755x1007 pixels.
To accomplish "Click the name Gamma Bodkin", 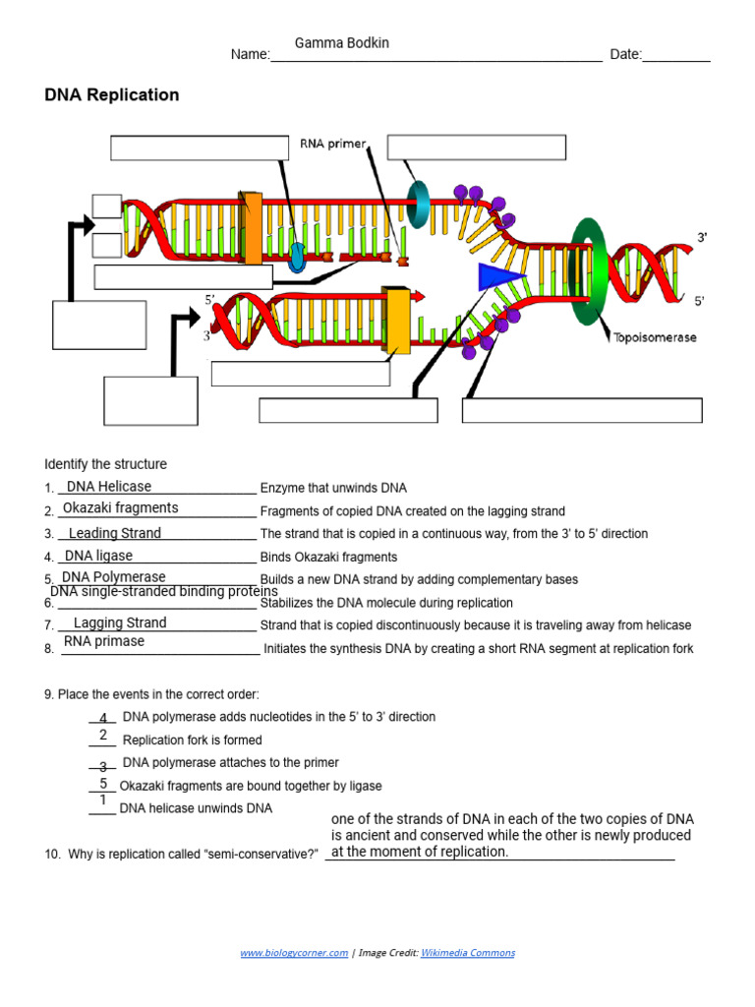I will pos(335,43).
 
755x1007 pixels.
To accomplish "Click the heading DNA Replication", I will pos(112,95).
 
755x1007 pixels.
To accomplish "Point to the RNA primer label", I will pos(332,145).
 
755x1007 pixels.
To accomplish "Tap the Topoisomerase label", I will pos(655,337).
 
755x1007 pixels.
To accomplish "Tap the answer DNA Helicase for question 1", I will pos(109,487).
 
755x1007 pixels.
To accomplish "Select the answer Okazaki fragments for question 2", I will pos(121,508).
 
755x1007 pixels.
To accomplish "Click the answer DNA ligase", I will pos(98,556).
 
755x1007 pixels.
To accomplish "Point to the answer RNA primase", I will pos(104,641).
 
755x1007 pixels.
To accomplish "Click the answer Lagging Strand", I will pos(120,622).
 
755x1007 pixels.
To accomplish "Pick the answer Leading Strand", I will pos(115,533).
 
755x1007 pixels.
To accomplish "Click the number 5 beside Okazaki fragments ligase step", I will pos(103,784).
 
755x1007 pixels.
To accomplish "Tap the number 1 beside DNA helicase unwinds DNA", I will pos(102,800).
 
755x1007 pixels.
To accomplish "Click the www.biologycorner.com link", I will pos(294,953).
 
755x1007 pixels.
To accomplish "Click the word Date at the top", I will pos(625,55).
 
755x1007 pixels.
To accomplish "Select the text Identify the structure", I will pos(106,464).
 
